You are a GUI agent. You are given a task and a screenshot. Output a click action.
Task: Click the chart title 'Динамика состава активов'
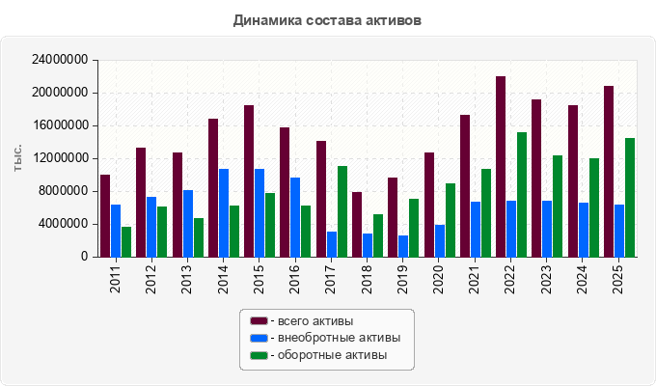tap(327, 20)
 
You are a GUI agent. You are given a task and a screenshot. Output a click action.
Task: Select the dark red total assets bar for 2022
tap(501, 167)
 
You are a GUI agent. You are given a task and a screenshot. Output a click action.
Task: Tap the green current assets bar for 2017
tap(342, 211)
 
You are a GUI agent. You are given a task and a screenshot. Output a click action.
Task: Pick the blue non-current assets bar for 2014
tap(224, 212)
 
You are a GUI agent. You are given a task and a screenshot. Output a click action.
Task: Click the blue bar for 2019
tap(403, 246)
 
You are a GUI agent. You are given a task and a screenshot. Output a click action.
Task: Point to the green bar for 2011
tap(126, 242)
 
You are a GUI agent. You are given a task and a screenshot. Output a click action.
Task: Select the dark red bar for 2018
tap(357, 225)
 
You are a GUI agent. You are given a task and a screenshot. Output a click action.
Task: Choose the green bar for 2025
tap(630, 198)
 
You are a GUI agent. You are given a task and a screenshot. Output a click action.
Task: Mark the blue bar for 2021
tap(476, 230)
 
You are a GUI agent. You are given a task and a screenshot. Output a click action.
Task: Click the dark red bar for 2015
tap(249, 180)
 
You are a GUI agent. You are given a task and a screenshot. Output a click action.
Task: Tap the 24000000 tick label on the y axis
tap(60, 60)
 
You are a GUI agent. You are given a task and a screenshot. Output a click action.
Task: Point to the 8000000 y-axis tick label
tap(63, 191)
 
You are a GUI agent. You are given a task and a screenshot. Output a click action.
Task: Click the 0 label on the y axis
tap(85, 257)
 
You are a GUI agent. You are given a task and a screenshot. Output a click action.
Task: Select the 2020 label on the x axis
tap(438, 279)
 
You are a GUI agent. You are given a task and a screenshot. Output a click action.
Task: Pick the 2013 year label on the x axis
tap(186, 279)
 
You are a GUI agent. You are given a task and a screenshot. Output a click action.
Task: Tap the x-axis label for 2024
tap(582, 279)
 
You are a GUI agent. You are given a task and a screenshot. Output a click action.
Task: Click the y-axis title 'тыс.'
tap(17, 158)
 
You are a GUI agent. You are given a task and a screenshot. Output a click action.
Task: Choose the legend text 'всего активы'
tap(315, 321)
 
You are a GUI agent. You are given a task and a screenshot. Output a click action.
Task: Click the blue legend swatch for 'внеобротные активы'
tap(259, 338)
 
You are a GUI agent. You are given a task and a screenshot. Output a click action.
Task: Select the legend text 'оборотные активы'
tap(332, 355)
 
